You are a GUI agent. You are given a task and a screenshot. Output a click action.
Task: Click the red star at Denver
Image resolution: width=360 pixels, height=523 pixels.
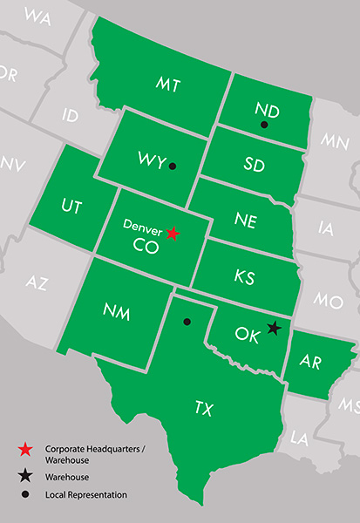[x=173, y=233]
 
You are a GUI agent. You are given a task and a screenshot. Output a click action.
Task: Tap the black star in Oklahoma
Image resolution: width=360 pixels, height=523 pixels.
[x=274, y=328]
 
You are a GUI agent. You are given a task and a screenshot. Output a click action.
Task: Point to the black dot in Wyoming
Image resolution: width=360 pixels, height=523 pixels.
[x=173, y=166]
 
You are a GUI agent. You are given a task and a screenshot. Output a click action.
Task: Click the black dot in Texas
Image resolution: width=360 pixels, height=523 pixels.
[x=186, y=322]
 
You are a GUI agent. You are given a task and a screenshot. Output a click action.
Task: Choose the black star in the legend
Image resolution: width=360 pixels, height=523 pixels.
[x=26, y=477]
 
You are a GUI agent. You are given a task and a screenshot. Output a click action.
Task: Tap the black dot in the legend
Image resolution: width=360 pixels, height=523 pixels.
[x=26, y=494]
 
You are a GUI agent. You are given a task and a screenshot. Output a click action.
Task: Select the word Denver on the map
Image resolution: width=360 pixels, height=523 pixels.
[x=142, y=225]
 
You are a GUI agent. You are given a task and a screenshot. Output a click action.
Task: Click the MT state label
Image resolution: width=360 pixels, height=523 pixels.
[x=168, y=84]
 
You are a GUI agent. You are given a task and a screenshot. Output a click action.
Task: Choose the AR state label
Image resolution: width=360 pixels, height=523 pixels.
[x=310, y=360]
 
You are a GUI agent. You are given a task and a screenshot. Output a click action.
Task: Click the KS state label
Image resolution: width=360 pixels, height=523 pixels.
[x=244, y=276]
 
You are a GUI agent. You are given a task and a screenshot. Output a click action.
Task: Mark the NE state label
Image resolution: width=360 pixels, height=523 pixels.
[x=245, y=221]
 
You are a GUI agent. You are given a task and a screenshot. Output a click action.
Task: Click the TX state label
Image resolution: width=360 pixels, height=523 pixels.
[x=203, y=407]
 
